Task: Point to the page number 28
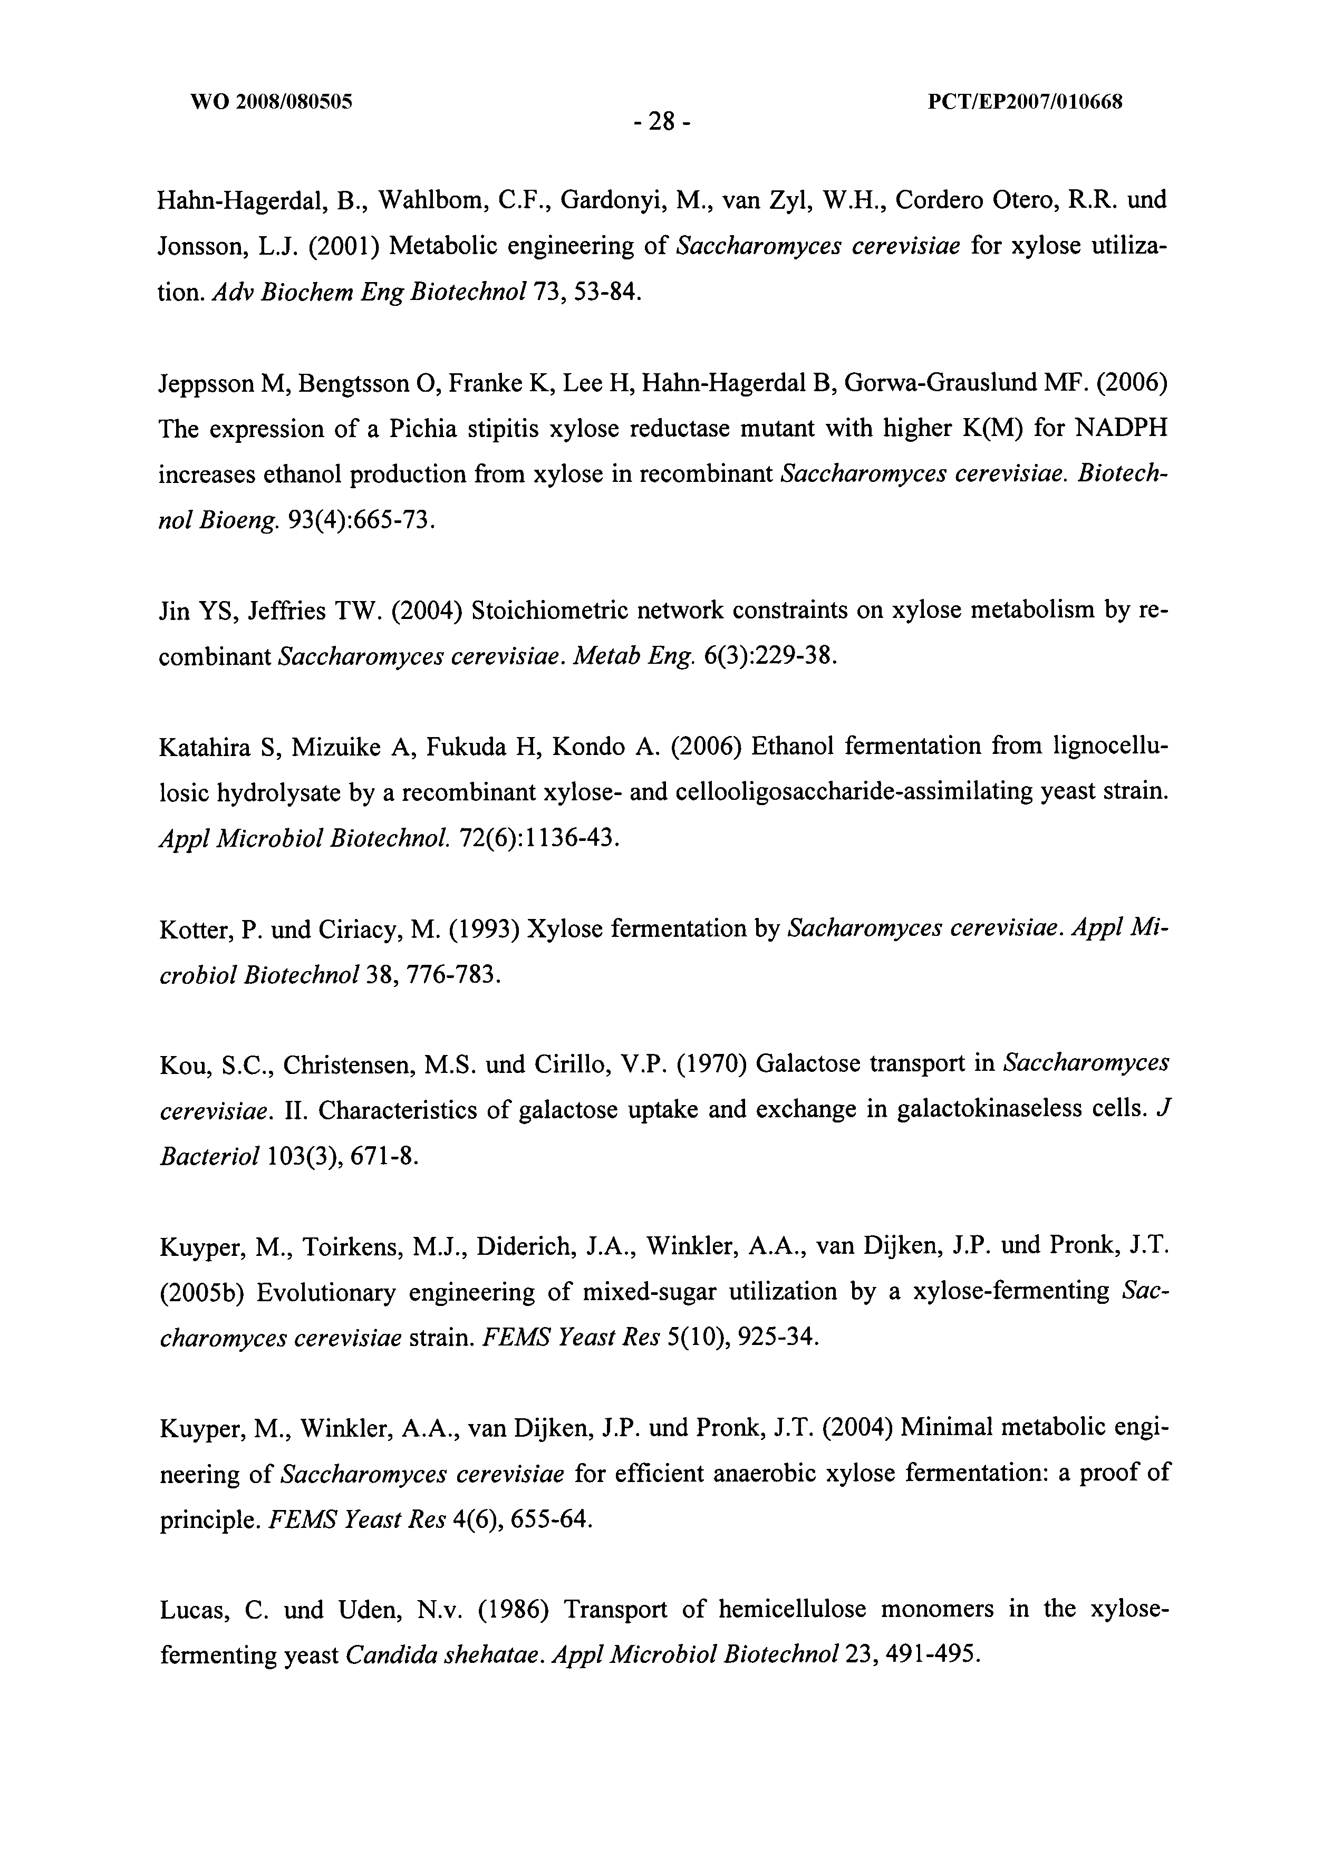[x=661, y=122]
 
